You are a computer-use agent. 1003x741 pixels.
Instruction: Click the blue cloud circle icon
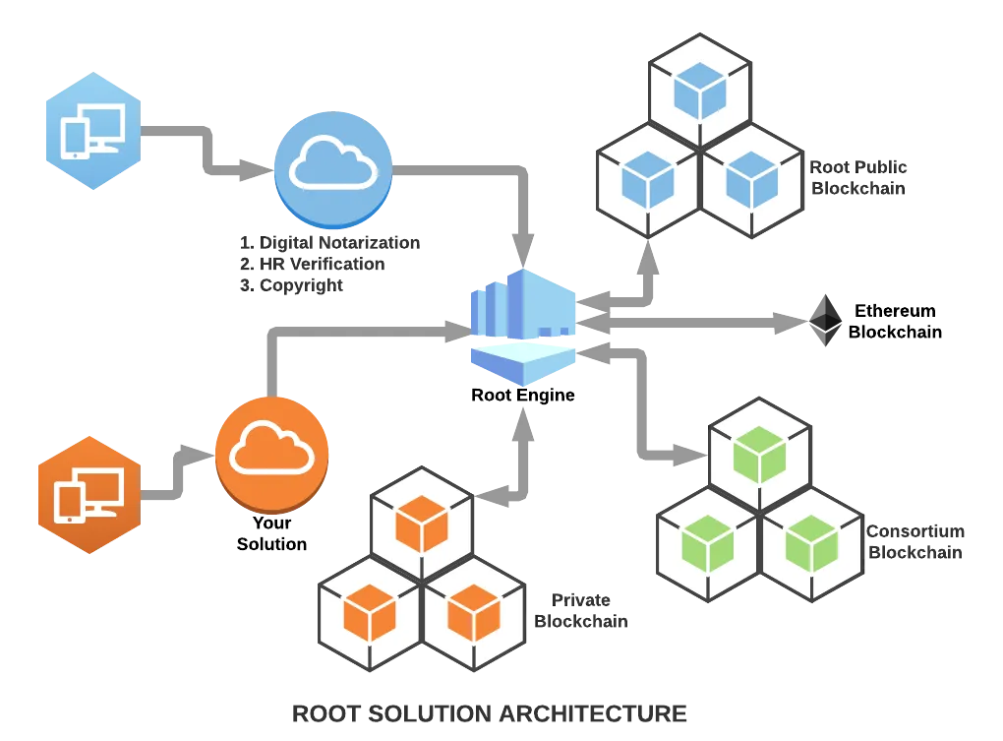click(333, 169)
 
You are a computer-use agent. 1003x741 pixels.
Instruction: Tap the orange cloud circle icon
click(271, 455)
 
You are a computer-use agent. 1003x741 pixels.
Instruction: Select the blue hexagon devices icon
click(93, 131)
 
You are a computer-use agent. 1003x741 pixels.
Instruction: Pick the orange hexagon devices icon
click(89, 495)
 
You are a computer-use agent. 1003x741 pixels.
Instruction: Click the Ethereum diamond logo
click(825, 320)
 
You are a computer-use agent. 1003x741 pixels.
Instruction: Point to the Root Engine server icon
click(523, 327)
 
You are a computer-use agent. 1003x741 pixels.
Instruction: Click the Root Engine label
click(522, 395)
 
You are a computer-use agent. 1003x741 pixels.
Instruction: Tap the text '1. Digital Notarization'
click(330, 242)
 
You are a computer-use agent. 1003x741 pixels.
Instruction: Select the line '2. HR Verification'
click(313, 264)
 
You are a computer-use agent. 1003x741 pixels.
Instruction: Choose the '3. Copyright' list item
click(292, 285)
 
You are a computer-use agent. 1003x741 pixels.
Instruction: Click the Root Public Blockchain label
click(858, 177)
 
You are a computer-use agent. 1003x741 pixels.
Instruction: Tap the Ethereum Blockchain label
click(895, 321)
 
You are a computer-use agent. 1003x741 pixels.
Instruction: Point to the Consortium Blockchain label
click(915, 541)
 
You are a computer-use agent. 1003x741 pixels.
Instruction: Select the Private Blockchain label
click(581, 610)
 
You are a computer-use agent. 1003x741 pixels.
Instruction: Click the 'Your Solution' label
click(271, 533)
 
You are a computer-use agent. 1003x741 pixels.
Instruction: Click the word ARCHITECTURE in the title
click(593, 713)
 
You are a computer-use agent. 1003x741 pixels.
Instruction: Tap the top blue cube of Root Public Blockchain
click(700, 92)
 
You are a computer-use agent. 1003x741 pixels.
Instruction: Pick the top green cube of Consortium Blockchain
click(759, 455)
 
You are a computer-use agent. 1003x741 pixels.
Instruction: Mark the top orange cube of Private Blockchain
click(422, 525)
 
